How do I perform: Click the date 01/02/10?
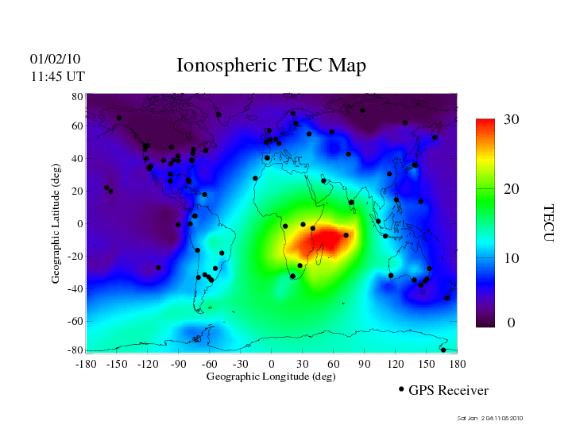pyautogui.click(x=55, y=60)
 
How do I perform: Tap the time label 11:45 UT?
pyautogui.click(x=57, y=76)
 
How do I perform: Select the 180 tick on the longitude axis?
pyautogui.click(x=458, y=364)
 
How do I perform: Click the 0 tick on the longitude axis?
pyautogui.click(x=271, y=364)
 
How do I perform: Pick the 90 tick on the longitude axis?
pyautogui.click(x=365, y=364)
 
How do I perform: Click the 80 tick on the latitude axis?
pyautogui.click(x=78, y=96)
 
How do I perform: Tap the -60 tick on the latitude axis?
pyautogui.click(x=75, y=321)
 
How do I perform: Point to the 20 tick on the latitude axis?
pyautogui.click(x=78, y=191)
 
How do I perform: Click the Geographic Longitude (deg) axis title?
pyautogui.click(x=271, y=377)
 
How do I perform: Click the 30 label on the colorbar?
pyautogui.click(x=512, y=120)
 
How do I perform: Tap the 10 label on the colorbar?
pyautogui.click(x=512, y=258)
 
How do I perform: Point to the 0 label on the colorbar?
pyautogui.click(x=512, y=323)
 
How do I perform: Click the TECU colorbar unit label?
pyautogui.click(x=548, y=222)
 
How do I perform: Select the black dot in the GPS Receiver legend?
pyautogui.click(x=401, y=389)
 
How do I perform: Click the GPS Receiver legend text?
pyautogui.click(x=448, y=391)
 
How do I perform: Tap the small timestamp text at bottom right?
pyautogui.click(x=490, y=418)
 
